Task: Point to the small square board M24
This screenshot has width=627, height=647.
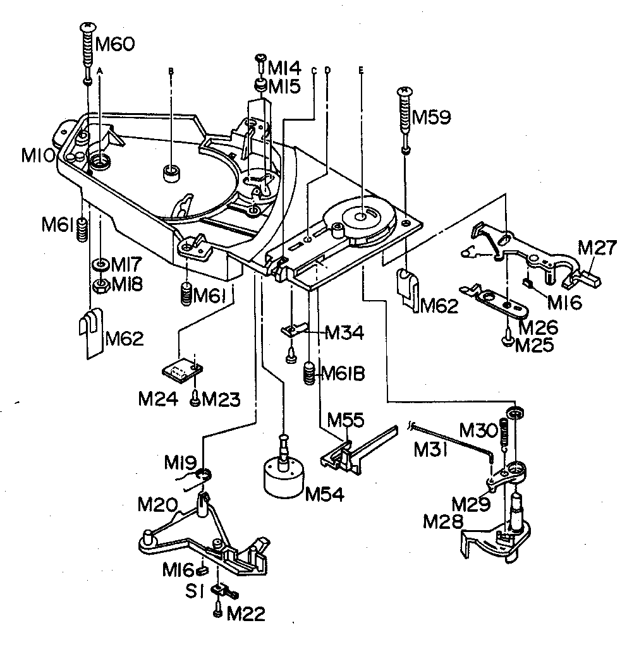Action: pos(180,370)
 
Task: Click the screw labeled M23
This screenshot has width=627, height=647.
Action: pos(195,399)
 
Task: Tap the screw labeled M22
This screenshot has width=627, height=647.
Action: pos(218,613)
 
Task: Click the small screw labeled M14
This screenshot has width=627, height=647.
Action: pos(260,60)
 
